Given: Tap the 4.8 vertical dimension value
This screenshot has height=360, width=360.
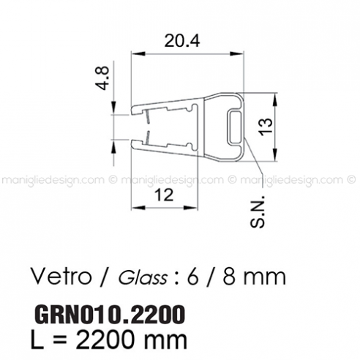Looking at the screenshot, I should (102, 79).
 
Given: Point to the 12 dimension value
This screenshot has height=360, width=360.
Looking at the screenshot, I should (165, 195).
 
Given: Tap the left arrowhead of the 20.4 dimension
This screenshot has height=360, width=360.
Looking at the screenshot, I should (136, 53).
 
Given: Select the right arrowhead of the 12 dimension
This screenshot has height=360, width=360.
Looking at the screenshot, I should (196, 207).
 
